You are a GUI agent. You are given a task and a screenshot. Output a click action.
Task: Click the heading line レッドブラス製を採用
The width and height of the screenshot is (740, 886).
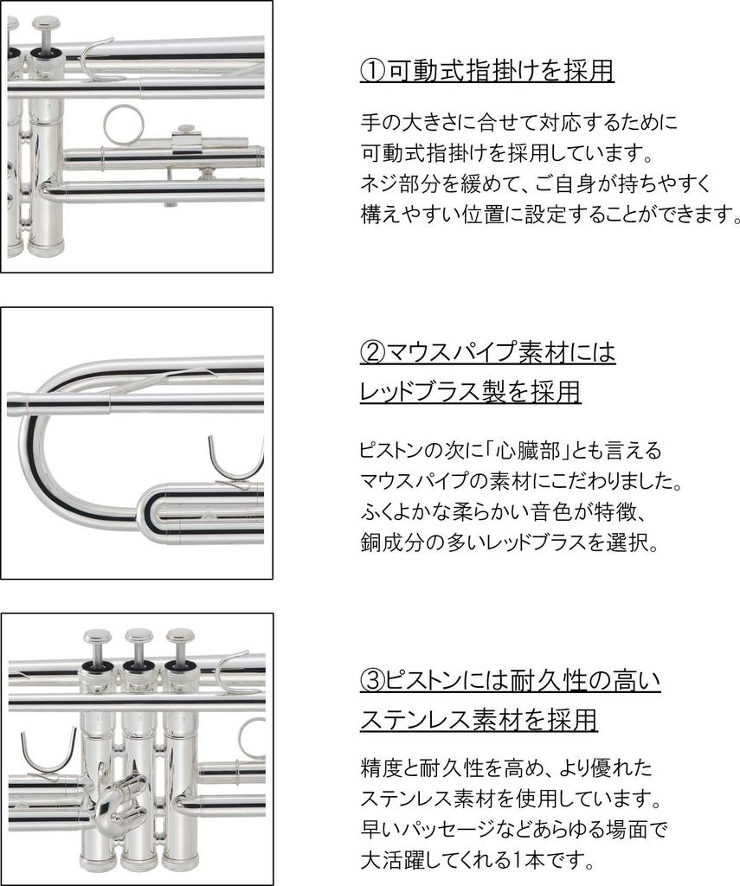coord(470,392)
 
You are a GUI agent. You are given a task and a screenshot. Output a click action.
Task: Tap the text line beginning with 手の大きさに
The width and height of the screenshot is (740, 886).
coord(517,122)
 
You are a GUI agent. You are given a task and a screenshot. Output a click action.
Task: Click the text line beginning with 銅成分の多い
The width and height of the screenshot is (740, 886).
coord(510,543)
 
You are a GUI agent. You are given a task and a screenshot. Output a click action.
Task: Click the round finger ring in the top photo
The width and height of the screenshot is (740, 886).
coord(121,125)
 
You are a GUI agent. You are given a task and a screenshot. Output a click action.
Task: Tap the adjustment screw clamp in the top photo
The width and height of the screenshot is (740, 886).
coord(185,139)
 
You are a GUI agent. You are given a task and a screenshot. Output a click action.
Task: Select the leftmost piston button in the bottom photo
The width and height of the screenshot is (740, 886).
coord(97,641)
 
